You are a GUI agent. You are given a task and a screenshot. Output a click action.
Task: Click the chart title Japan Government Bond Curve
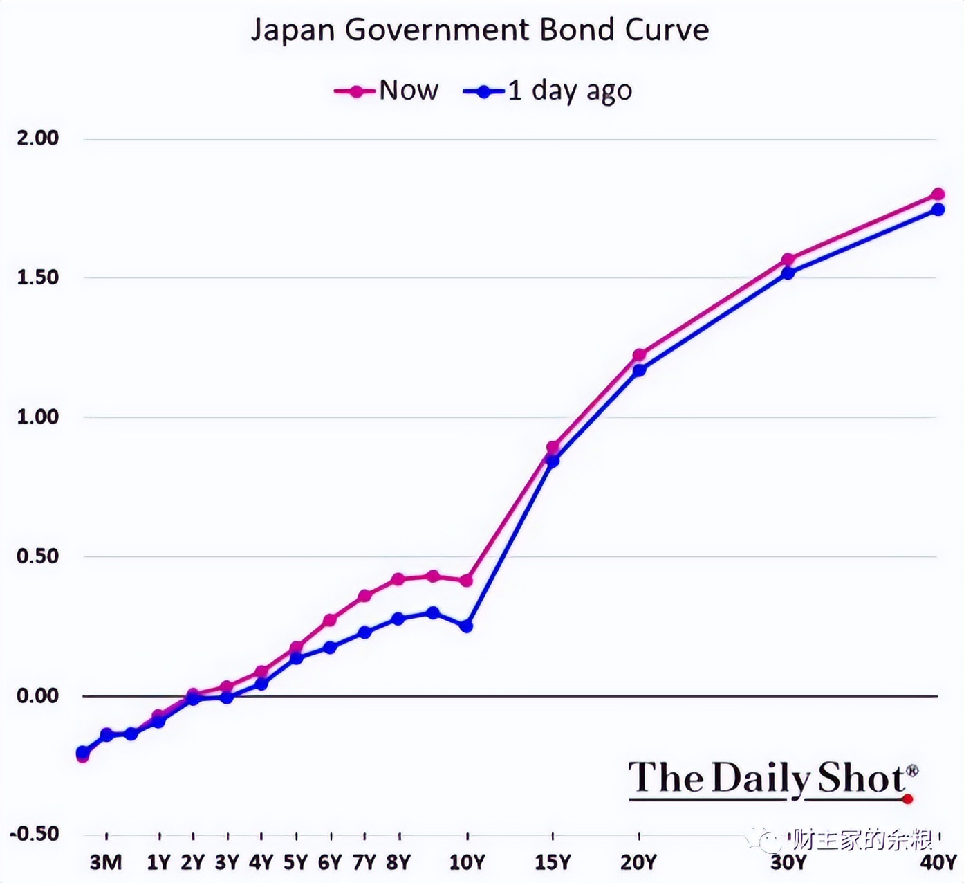pos(480,30)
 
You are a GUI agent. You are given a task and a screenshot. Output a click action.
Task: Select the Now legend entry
pos(387,91)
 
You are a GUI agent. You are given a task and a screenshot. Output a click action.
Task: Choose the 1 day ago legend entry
pos(548,91)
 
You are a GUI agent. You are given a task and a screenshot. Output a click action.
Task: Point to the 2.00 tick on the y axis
pos(38,138)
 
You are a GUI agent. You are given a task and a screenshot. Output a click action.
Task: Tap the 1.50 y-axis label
pos(38,277)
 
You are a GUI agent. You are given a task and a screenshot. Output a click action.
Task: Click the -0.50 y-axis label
pos(35,834)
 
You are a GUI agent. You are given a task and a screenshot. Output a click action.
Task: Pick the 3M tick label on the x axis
pos(106,862)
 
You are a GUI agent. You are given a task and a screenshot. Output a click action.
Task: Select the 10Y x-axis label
pos(467,862)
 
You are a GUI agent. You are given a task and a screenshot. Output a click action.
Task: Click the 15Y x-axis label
pos(553,862)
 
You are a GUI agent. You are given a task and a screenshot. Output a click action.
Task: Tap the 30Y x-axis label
pos(788,862)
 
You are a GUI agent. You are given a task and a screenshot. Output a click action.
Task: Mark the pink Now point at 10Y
pos(467,581)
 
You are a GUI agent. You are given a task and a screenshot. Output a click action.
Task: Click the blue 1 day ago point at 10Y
pos(467,626)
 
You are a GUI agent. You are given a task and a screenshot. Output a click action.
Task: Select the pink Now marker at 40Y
pos(938,194)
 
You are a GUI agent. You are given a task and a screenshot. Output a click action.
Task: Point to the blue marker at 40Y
pos(938,209)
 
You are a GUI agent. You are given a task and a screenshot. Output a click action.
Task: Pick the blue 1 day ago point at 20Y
pos(639,370)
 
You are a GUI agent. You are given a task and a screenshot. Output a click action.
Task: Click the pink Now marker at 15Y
pos(553,448)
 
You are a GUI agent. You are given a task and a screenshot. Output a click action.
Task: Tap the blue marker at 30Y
pos(788,273)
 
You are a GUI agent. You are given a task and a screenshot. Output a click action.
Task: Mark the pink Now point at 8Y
pos(398,579)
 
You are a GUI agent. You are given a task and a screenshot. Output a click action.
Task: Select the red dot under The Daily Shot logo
pos(908,799)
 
